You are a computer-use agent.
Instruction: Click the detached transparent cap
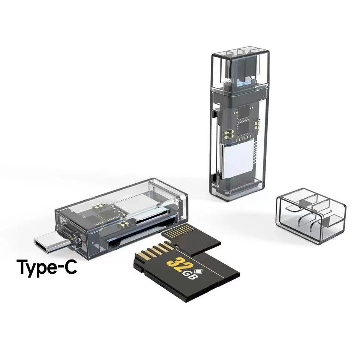point(311,216)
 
